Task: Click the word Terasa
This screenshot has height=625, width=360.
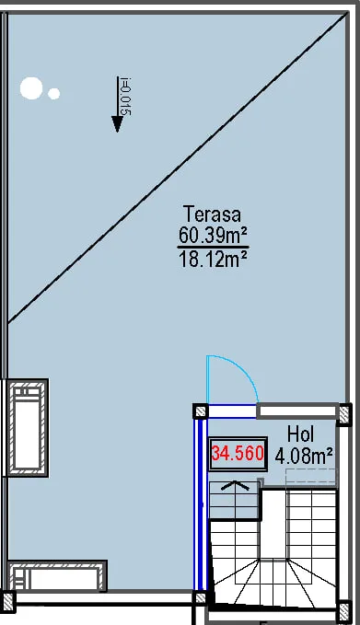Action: (212, 214)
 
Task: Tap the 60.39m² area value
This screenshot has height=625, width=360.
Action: (213, 235)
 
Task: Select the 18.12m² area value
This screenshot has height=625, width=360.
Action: (214, 260)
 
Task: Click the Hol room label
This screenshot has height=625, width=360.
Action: (301, 434)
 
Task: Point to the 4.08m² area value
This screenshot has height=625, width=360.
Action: (304, 456)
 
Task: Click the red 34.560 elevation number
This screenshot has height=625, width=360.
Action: (238, 453)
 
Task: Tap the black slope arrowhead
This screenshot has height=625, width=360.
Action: (117, 123)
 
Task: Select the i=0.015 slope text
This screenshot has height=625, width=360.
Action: (125, 96)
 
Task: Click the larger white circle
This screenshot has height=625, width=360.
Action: (31, 88)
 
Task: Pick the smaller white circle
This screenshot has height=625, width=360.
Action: (53, 94)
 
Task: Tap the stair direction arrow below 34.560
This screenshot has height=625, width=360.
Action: (235, 485)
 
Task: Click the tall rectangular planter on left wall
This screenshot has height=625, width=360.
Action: (27, 428)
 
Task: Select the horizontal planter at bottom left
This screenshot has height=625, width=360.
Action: (57, 575)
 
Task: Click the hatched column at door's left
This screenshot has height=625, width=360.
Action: (201, 411)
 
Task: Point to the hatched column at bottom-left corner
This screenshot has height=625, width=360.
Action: (7, 598)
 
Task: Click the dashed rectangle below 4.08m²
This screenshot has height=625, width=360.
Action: (311, 476)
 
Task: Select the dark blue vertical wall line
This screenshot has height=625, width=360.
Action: (200, 503)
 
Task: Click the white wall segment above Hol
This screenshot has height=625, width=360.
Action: (297, 411)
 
